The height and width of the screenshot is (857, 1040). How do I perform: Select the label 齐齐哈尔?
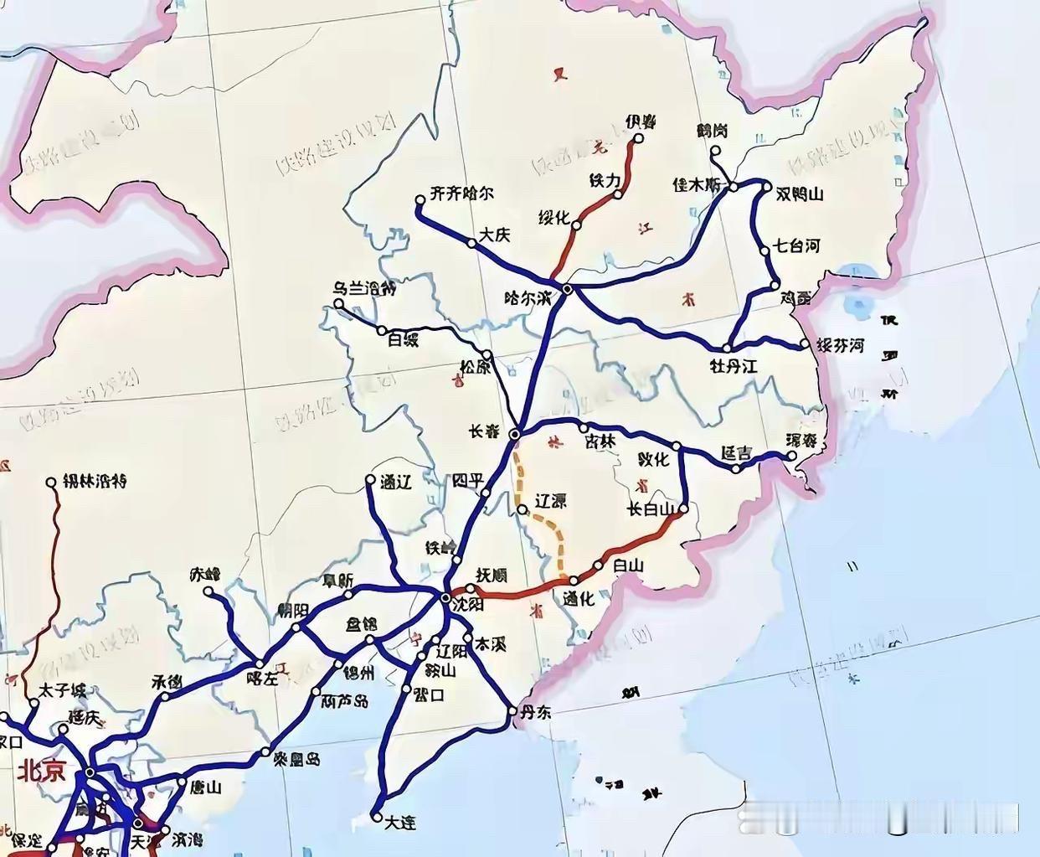(462, 194)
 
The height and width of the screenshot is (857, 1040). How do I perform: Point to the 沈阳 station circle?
(445, 597)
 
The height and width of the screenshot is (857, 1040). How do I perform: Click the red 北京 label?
(39, 771)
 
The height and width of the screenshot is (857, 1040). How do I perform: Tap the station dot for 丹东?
(514, 712)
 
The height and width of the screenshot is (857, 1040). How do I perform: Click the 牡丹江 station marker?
(729, 348)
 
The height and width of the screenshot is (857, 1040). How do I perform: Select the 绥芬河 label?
(840, 345)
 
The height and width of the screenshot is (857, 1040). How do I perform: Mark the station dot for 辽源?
(522, 509)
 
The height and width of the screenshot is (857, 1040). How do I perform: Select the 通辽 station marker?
(370, 480)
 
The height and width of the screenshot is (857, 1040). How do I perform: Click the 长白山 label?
(651, 509)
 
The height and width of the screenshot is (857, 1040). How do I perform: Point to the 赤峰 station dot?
(209, 591)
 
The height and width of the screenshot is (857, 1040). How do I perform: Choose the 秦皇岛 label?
(296, 759)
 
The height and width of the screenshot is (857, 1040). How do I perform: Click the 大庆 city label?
(494, 235)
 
